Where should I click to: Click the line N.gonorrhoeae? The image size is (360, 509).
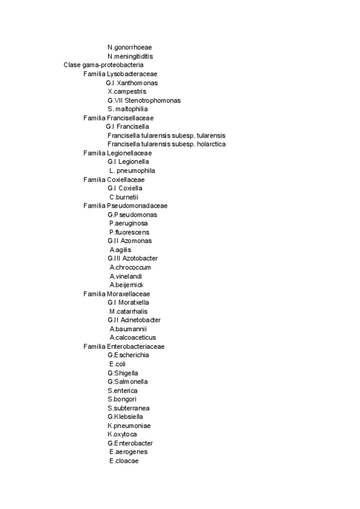130,47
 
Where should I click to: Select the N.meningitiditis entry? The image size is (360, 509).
130,56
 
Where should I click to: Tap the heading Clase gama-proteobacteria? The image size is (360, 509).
103,65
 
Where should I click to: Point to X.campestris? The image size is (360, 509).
127,91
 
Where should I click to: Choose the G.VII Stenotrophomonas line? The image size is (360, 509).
144,100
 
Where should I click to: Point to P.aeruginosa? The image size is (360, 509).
128,223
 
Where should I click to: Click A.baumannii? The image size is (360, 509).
128,329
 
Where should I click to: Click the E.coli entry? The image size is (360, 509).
117,364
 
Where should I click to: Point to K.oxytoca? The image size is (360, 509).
122,434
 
